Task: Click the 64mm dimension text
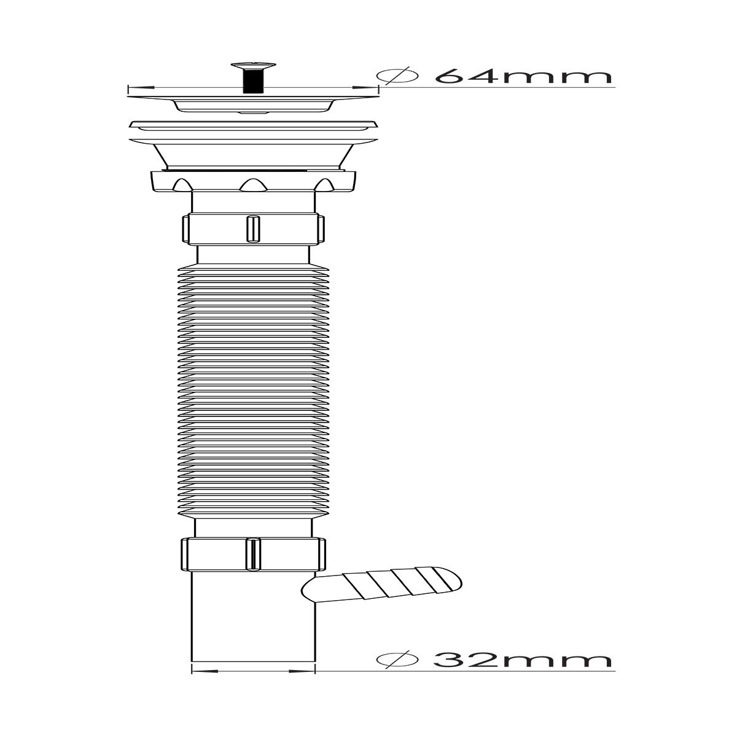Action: pos(523,76)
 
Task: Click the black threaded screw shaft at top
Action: pos(253,80)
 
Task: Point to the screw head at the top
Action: pos(253,65)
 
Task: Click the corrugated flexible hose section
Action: pos(253,390)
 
